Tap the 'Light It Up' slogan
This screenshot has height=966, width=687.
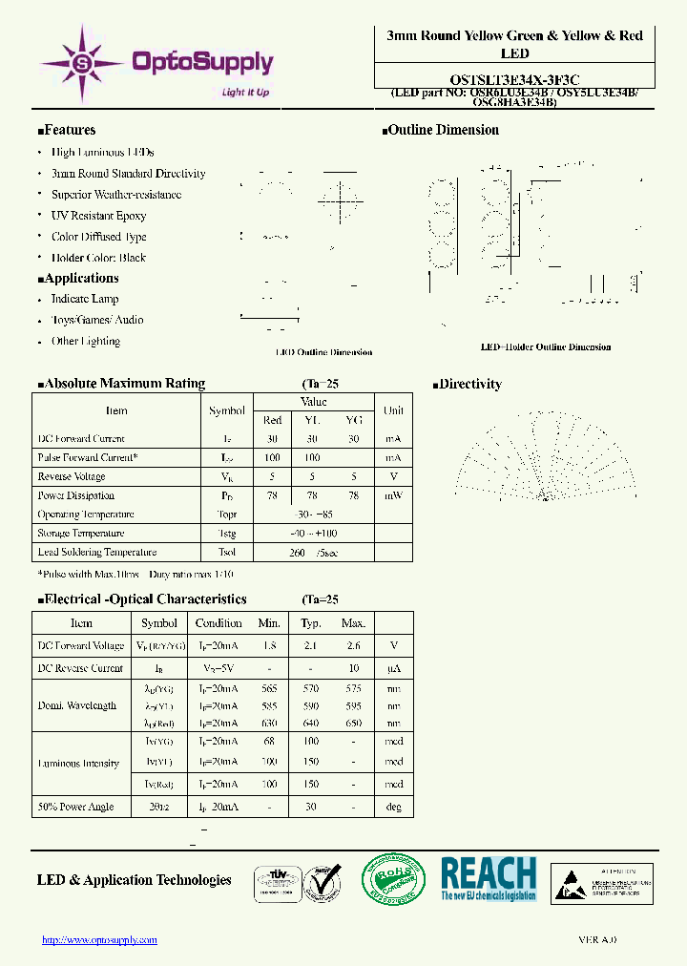[x=245, y=92]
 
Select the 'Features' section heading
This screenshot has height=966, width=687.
[x=68, y=130]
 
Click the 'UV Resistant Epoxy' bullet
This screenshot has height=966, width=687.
[x=98, y=216]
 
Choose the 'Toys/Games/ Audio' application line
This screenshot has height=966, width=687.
[x=97, y=320]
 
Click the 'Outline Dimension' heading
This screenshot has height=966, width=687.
[x=441, y=130]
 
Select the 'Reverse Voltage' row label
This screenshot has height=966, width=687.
[x=71, y=476]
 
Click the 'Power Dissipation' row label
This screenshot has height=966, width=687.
[x=76, y=495]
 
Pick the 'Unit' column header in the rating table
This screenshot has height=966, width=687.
[x=394, y=410]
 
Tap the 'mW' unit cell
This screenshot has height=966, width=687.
[x=394, y=495]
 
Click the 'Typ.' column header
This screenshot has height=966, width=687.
[x=311, y=623]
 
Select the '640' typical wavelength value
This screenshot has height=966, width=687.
[x=311, y=723]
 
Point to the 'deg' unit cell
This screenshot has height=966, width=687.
[x=394, y=807]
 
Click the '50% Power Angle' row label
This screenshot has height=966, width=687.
[x=75, y=807]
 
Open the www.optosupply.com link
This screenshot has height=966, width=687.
[x=99, y=940]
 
